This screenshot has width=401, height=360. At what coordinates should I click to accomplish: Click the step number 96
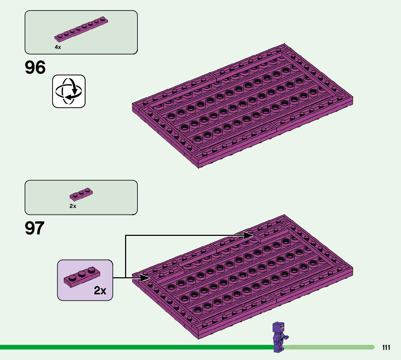[36, 68]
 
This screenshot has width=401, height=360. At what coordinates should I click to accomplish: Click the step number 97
[35, 228]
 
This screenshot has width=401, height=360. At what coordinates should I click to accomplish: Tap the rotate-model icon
[69, 91]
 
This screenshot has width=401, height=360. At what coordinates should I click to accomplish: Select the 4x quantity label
[58, 47]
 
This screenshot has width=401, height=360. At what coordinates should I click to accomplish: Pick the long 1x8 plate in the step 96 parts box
[81, 29]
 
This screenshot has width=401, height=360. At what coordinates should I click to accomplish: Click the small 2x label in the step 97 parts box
[73, 206]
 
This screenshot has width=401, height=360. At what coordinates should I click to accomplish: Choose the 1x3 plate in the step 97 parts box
[81, 195]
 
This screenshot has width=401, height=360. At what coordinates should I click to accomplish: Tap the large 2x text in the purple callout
[100, 290]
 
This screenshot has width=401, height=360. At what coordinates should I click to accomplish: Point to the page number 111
[386, 348]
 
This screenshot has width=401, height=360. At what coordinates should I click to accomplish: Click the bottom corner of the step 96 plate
[198, 167]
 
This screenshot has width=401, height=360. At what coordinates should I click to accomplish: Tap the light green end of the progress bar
[372, 347]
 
